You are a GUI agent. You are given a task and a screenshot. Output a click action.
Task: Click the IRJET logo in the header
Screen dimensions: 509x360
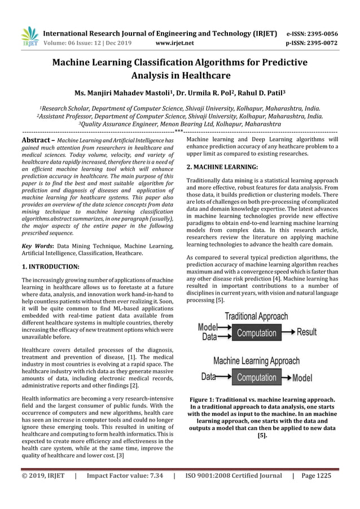(x=29, y=36)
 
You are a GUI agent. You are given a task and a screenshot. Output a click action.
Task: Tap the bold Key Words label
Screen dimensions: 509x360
(x=38, y=246)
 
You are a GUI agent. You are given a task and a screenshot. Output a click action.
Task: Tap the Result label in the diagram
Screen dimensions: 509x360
(x=306, y=332)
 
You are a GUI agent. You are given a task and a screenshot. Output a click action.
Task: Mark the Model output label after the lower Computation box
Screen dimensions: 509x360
(x=301, y=377)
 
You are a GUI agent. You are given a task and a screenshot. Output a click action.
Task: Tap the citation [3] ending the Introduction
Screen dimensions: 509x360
(x=120, y=456)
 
